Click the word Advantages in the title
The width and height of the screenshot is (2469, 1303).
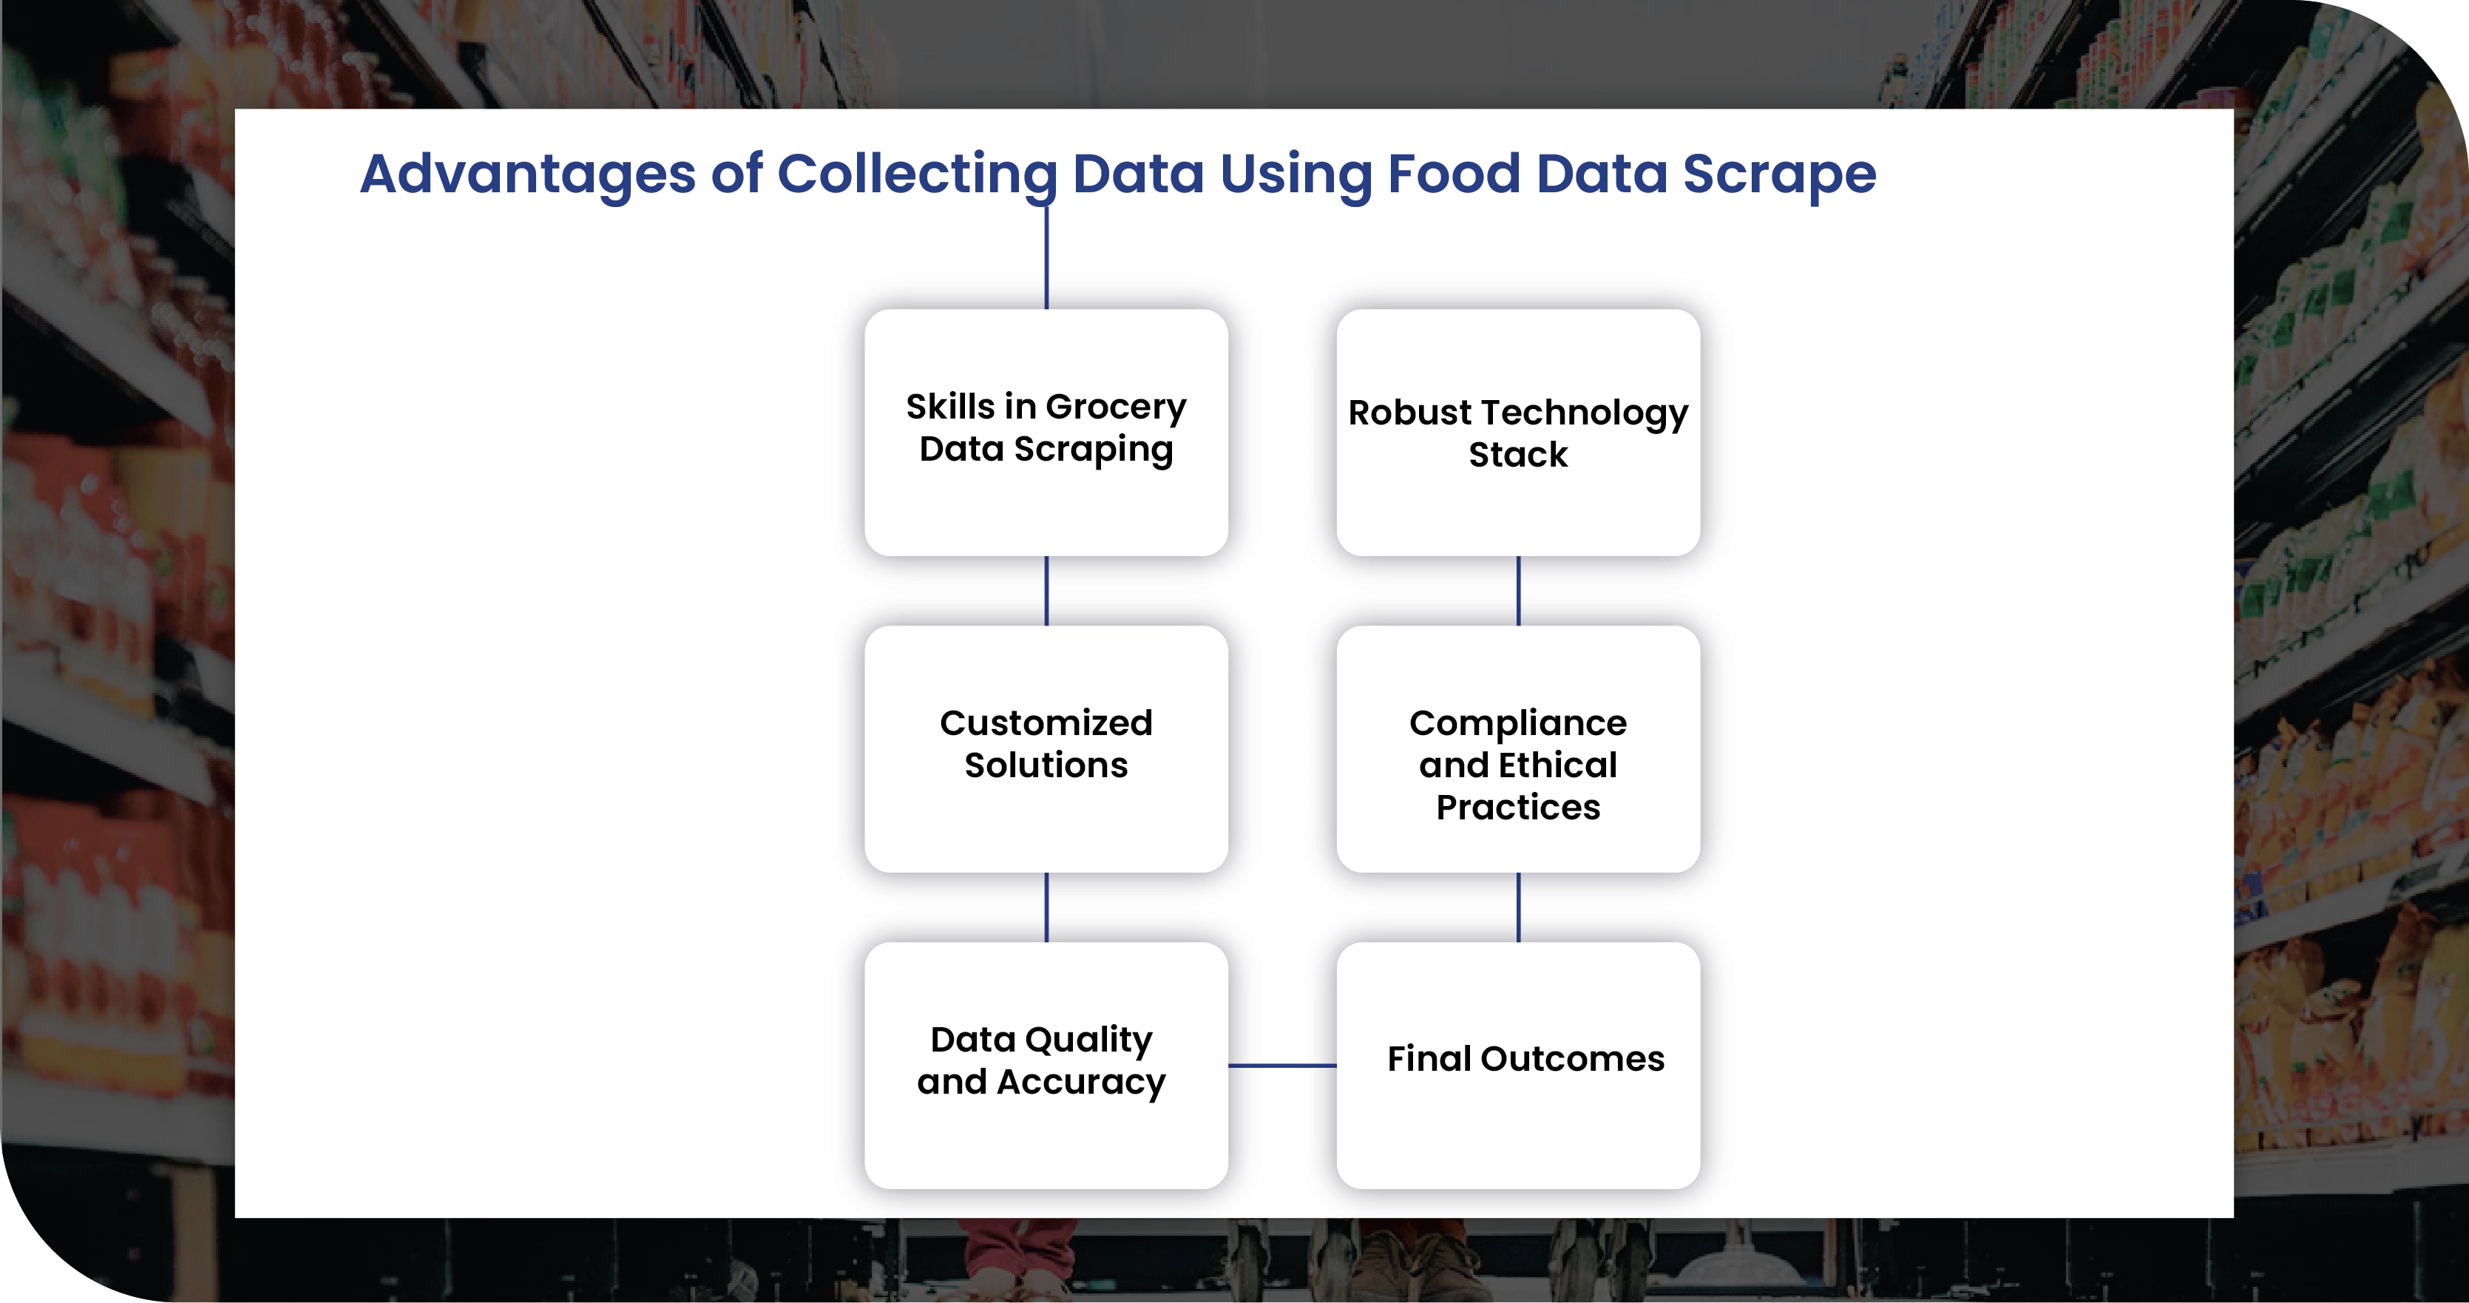[x=527, y=175]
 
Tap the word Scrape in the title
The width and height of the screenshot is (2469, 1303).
[x=1779, y=175]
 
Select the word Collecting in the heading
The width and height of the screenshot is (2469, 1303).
[x=917, y=175]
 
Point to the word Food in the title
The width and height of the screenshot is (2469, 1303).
[x=1453, y=175]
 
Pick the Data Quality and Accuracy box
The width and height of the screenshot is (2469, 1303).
[x=1046, y=1064]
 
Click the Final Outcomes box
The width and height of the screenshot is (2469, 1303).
[x=1518, y=1064]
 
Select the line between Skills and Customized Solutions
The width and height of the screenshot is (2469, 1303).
[x=1046, y=591]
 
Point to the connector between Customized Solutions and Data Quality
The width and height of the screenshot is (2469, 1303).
[x=1046, y=907]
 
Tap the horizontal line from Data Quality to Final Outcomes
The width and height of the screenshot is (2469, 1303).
[x=1281, y=1065]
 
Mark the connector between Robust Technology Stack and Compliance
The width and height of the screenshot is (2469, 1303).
[x=1518, y=591]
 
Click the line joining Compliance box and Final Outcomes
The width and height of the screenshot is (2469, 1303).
[x=1518, y=907]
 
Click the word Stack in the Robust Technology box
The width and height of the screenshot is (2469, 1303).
[x=1518, y=455]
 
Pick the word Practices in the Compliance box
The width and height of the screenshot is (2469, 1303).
[x=1518, y=808]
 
